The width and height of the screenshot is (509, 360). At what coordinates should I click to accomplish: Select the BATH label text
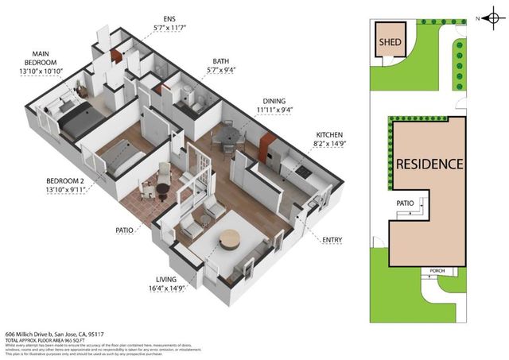pos(222,61)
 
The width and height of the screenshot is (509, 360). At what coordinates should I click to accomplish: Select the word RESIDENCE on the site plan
pos(429,165)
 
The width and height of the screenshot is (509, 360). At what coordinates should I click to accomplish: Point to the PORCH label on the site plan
pos(437,270)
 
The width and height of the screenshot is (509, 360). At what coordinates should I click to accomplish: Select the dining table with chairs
pos(228,137)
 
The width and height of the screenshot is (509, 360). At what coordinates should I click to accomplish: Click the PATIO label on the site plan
pos(406,203)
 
